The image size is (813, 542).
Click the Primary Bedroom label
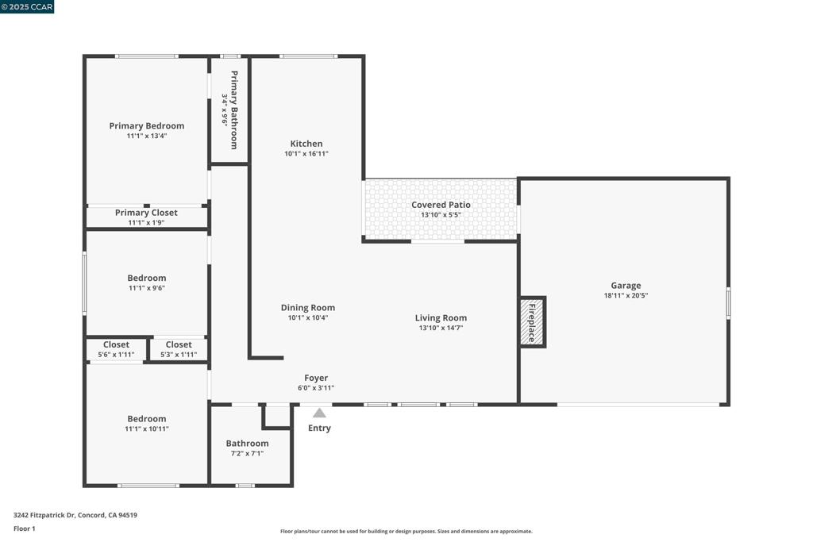(x=147, y=126)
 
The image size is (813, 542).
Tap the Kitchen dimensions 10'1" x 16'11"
(x=306, y=153)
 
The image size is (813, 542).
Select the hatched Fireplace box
(x=532, y=322)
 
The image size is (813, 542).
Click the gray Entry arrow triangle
(x=319, y=413)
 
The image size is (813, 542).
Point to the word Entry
(x=319, y=428)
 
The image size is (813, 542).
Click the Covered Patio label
(x=441, y=205)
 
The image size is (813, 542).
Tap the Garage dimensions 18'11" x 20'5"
(x=626, y=296)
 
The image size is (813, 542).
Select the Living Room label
(x=441, y=318)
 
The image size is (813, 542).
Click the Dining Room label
(x=308, y=308)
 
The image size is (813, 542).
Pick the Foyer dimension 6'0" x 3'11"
(x=316, y=388)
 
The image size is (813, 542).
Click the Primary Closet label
(x=146, y=213)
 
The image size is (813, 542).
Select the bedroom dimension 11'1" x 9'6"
(x=147, y=288)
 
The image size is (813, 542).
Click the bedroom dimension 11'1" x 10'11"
(x=147, y=429)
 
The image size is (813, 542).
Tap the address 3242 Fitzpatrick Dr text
(x=44, y=515)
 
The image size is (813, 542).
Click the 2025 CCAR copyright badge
(x=27, y=6)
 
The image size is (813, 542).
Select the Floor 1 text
(x=25, y=529)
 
